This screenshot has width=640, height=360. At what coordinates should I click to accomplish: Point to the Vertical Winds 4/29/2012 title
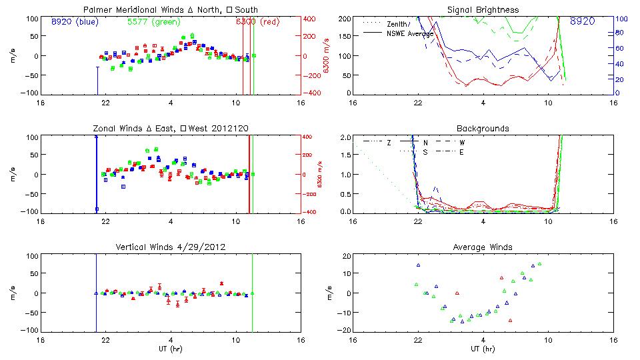[x=171, y=247]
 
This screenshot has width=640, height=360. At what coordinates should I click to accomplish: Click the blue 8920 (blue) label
[x=75, y=21]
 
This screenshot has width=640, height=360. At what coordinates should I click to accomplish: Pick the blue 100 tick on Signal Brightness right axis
[x=619, y=18]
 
